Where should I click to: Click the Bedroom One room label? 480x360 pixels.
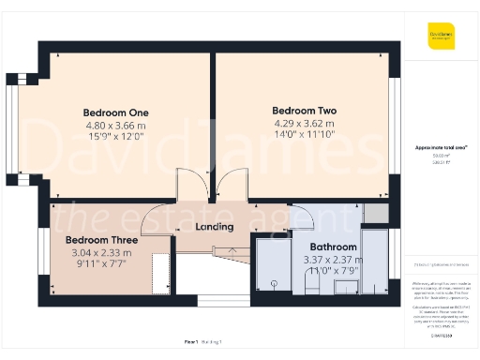115,113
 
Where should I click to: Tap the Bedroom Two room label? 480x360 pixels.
304,110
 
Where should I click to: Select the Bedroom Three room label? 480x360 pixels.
101,240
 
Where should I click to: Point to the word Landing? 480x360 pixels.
213,227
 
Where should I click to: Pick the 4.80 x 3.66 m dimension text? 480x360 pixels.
115,125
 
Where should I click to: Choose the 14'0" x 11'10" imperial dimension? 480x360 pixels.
304,133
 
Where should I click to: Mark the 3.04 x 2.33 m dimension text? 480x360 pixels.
101,251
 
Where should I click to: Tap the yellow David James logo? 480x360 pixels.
442,35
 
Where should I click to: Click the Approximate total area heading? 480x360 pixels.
442,147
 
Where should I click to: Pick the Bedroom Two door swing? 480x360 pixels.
232,186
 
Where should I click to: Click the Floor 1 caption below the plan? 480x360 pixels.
191,344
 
